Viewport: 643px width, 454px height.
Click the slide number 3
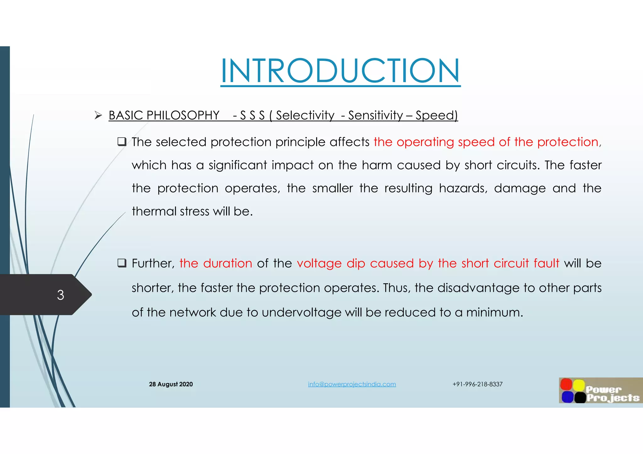tap(60, 295)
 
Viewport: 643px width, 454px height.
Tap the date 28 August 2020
tap(171, 384)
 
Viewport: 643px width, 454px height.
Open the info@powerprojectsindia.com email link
tap(352, 384)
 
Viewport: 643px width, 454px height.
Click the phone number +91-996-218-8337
tap(477, 384)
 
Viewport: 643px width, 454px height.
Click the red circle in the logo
tap(566, 384)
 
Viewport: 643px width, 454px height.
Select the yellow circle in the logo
tap(579, 385)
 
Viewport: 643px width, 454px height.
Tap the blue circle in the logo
tap(567, 397)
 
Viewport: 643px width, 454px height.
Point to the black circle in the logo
tap(580, 397)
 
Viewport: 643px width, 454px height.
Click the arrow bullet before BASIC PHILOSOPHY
tap(98, 116)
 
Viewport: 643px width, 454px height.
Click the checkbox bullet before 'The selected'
tap(122, 142)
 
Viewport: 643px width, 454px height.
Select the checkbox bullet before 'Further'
tap(122, 263)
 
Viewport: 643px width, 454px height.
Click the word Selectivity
tap(305, 115)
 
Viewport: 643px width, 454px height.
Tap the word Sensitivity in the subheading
tap(375, 115)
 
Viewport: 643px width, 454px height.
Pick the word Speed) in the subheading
tap(436, 115)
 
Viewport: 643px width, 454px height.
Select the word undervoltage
tap(301, 313)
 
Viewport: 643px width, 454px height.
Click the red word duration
tap(227, 263)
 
